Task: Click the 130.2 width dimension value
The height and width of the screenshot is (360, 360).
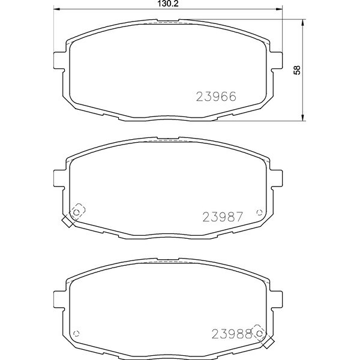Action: [168, 4]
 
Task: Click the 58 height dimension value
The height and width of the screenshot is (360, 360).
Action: [297, 70]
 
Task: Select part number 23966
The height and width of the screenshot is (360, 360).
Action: [216, 97]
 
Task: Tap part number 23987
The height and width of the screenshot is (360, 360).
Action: [223, 217]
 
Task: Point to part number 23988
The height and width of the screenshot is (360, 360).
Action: [232, 334]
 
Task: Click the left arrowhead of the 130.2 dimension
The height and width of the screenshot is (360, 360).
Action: [57, 9]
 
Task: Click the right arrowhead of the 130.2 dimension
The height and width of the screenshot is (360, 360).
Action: [279, 9]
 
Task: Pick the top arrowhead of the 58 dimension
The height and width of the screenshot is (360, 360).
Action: [303, 23]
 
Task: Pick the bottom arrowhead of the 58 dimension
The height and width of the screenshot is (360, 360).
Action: [303, 118]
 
